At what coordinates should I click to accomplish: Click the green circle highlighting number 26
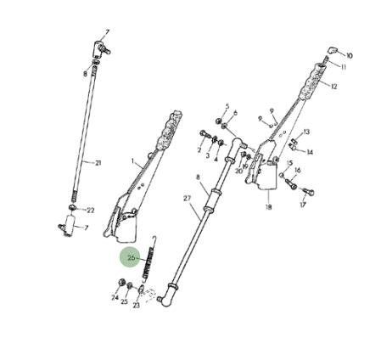(x=130, y=257)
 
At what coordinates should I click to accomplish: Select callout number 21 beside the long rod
(x=98, y=163)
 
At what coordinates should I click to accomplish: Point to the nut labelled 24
(x=122, y=282)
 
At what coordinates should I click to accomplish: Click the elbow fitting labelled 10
(x=333, y=50)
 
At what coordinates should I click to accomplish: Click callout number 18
(x=268, y=207)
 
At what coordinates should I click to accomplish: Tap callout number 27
(x=188, y=199)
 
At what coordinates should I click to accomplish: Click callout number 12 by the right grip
(x=334, y=87)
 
